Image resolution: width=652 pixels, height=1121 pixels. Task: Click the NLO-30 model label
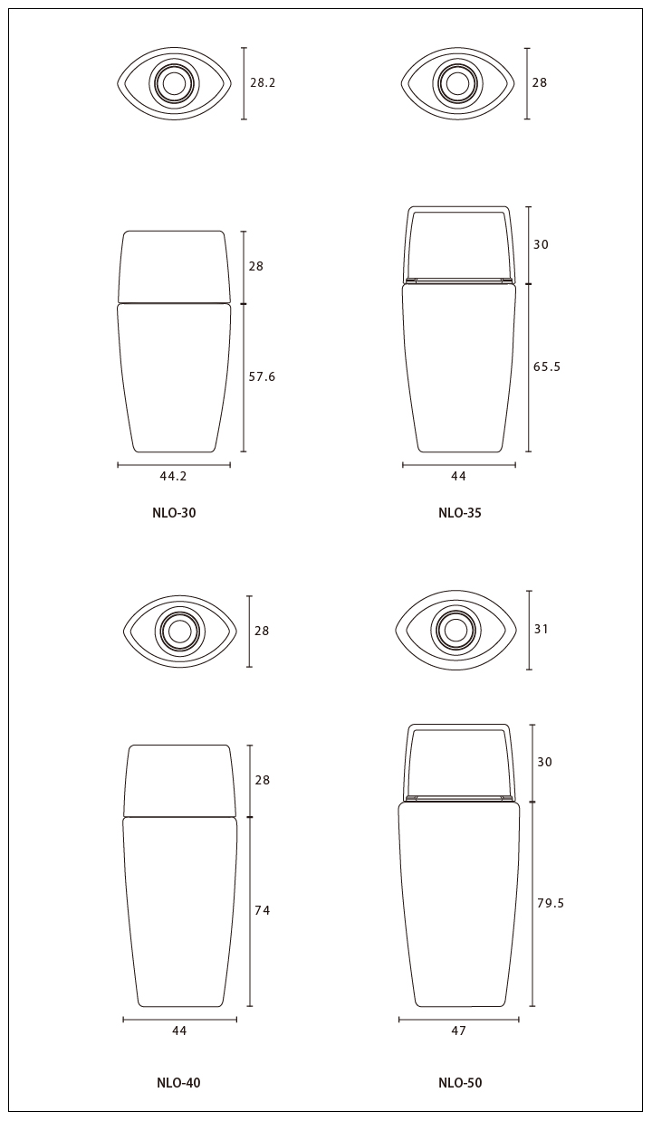click(x=174, y=513)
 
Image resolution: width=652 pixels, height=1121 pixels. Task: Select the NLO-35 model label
click(x=460, y=513)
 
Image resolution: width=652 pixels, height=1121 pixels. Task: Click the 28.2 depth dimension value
click(x=263, y=82)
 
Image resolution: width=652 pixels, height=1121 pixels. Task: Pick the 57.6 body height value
click(x=262, y=377)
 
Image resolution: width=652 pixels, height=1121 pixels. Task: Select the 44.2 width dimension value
click(x=173, y=477)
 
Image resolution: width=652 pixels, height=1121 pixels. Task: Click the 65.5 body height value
click(x=547, y=366)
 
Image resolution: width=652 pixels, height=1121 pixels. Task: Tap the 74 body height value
click(x=263, y=910)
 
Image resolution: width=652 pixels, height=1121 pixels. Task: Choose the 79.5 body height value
click(x=551, y=903)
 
